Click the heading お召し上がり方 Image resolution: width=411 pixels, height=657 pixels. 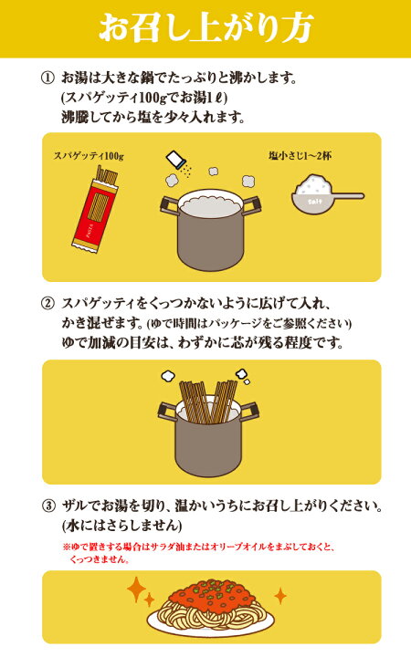[206, 28]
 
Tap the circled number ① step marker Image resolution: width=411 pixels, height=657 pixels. [48, 78]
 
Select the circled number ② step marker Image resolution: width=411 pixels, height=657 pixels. [48, 303]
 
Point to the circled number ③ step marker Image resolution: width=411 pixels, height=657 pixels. [48, 506]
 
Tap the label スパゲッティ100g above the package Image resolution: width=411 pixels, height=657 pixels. [89, 156]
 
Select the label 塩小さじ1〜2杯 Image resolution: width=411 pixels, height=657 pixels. [300, 156]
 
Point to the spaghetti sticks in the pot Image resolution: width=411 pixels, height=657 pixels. [208, 401]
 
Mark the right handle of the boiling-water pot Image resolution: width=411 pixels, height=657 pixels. [253, 204]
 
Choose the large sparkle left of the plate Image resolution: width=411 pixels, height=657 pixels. [136, 589]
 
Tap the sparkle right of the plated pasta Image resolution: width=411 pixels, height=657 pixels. [280, 595]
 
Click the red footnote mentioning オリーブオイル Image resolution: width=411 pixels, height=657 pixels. [199, 553]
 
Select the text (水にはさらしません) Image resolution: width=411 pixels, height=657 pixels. [122, 526]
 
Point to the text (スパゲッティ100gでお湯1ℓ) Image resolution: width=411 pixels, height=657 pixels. [144, 98]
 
